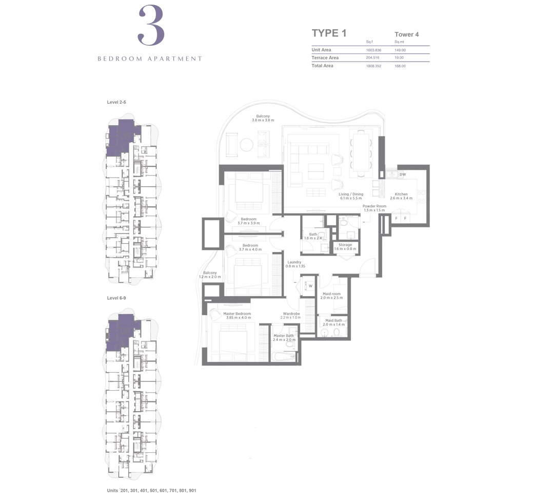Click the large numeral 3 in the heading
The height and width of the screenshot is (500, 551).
pos(150,25)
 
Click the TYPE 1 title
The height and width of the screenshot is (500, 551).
pos(329,33)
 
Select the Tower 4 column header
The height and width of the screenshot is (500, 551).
pos(406,34)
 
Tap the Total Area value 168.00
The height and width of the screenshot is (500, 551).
pos(400,66)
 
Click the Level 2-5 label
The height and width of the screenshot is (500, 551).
pos(116,103)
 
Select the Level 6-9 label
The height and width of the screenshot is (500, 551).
pos(116,298)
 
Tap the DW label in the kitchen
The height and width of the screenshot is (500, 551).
pos(402,175)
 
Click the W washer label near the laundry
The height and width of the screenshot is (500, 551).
pos(310,286)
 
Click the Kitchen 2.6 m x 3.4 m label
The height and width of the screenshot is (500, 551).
pos(401,197)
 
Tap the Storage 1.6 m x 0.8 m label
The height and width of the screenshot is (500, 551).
pos(345,247)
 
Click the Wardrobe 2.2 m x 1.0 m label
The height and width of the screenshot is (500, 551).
pos(291,315)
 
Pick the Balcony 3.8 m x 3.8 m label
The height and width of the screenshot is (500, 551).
pos(263,118)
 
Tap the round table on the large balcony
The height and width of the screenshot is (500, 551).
pos(247,145)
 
